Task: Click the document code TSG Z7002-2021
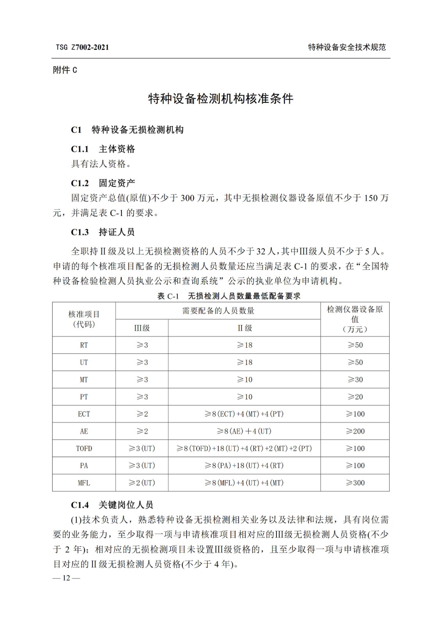coord(82,48)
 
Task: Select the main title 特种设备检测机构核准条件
coord(221,99)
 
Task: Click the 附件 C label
coord(65,70)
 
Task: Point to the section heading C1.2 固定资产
coord(103,183)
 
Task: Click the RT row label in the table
coord(84,345)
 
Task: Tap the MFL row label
coord(84,483)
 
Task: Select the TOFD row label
coord(84,448)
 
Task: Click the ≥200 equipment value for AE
coord(355,431)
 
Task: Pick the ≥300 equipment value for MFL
coord(355,483)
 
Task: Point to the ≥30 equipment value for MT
coord(355,379)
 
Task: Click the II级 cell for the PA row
coord(244,466)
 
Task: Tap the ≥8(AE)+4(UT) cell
coord(244,431)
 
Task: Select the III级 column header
coord(142,328)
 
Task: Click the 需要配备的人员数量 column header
coord(218,311)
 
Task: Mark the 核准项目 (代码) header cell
coord(84,319)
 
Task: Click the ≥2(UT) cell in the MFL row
coord(142,483)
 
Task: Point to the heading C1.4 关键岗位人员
coord(112,505)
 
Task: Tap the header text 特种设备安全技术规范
coord(347,48)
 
